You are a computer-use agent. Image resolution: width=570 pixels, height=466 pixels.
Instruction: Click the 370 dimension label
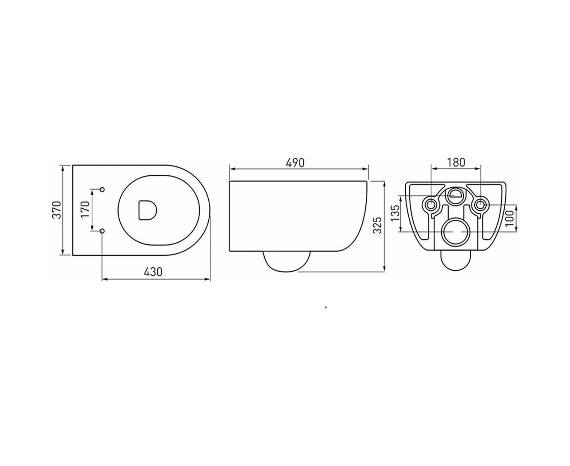click(57, 210)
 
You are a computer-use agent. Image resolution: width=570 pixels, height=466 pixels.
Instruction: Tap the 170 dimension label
click(85, 210)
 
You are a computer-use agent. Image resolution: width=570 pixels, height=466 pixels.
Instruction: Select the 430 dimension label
click(153, 272)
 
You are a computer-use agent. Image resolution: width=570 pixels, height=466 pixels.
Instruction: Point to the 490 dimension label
click(295, 163)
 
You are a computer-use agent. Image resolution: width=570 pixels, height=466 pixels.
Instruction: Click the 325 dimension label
click(377, 225)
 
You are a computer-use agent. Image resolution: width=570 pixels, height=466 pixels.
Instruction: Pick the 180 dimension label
click(456, 162)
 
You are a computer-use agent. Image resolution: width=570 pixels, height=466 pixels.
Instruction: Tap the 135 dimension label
click(395, 212)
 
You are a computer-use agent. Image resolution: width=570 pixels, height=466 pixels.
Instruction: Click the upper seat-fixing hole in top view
click(102, 190)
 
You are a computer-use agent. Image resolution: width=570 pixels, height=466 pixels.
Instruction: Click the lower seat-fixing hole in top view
click(102, 231)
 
